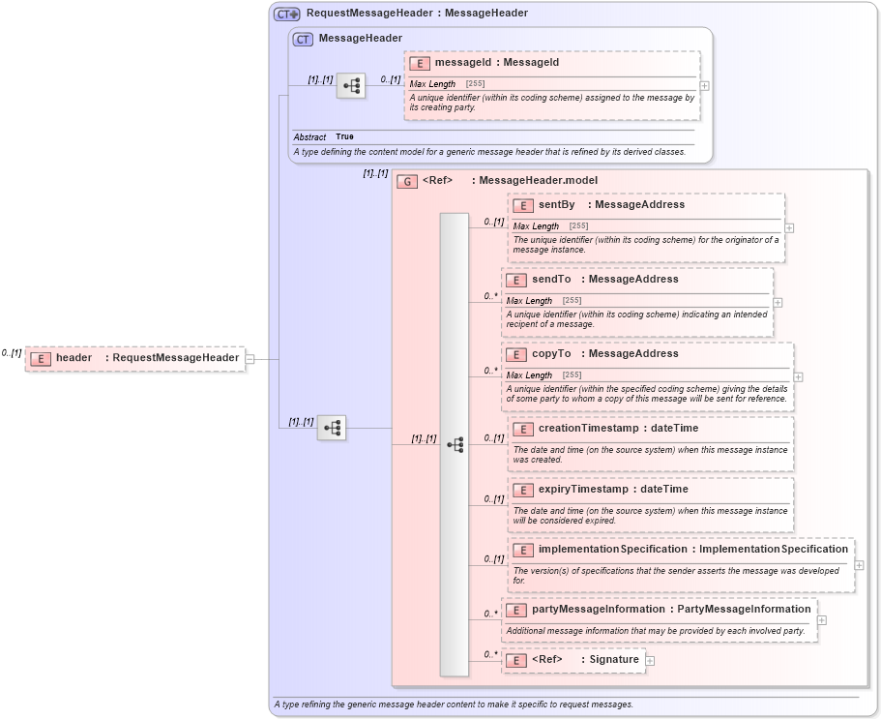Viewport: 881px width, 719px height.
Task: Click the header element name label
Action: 73,358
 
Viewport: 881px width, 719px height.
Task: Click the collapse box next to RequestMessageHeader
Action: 250,359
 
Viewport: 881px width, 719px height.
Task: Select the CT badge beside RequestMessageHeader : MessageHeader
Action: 286,14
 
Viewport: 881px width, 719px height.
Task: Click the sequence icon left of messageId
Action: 351,86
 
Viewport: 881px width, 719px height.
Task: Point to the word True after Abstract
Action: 344,137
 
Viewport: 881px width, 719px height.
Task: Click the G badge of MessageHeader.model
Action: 407,181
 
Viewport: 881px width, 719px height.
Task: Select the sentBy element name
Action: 556,205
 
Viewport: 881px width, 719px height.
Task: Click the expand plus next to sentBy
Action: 789,228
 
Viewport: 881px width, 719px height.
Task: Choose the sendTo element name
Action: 551,280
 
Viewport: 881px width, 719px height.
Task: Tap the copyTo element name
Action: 551,354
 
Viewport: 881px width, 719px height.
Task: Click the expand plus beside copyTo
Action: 798,377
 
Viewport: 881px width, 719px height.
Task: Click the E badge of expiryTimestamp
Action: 523,490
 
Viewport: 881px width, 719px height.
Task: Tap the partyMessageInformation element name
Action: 598,610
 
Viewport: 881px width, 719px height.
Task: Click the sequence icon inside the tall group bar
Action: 454,443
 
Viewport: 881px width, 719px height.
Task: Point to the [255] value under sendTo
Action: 572,301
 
